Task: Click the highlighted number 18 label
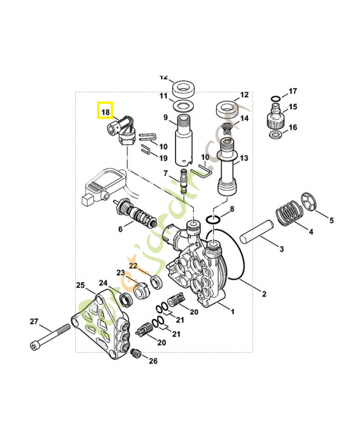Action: tap(105, 111)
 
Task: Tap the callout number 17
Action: tap(293, 91)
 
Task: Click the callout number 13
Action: tap(244, 158)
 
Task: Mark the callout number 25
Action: tap(81, 285)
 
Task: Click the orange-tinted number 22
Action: tap(133, 266)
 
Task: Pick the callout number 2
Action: tap(264, 293)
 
